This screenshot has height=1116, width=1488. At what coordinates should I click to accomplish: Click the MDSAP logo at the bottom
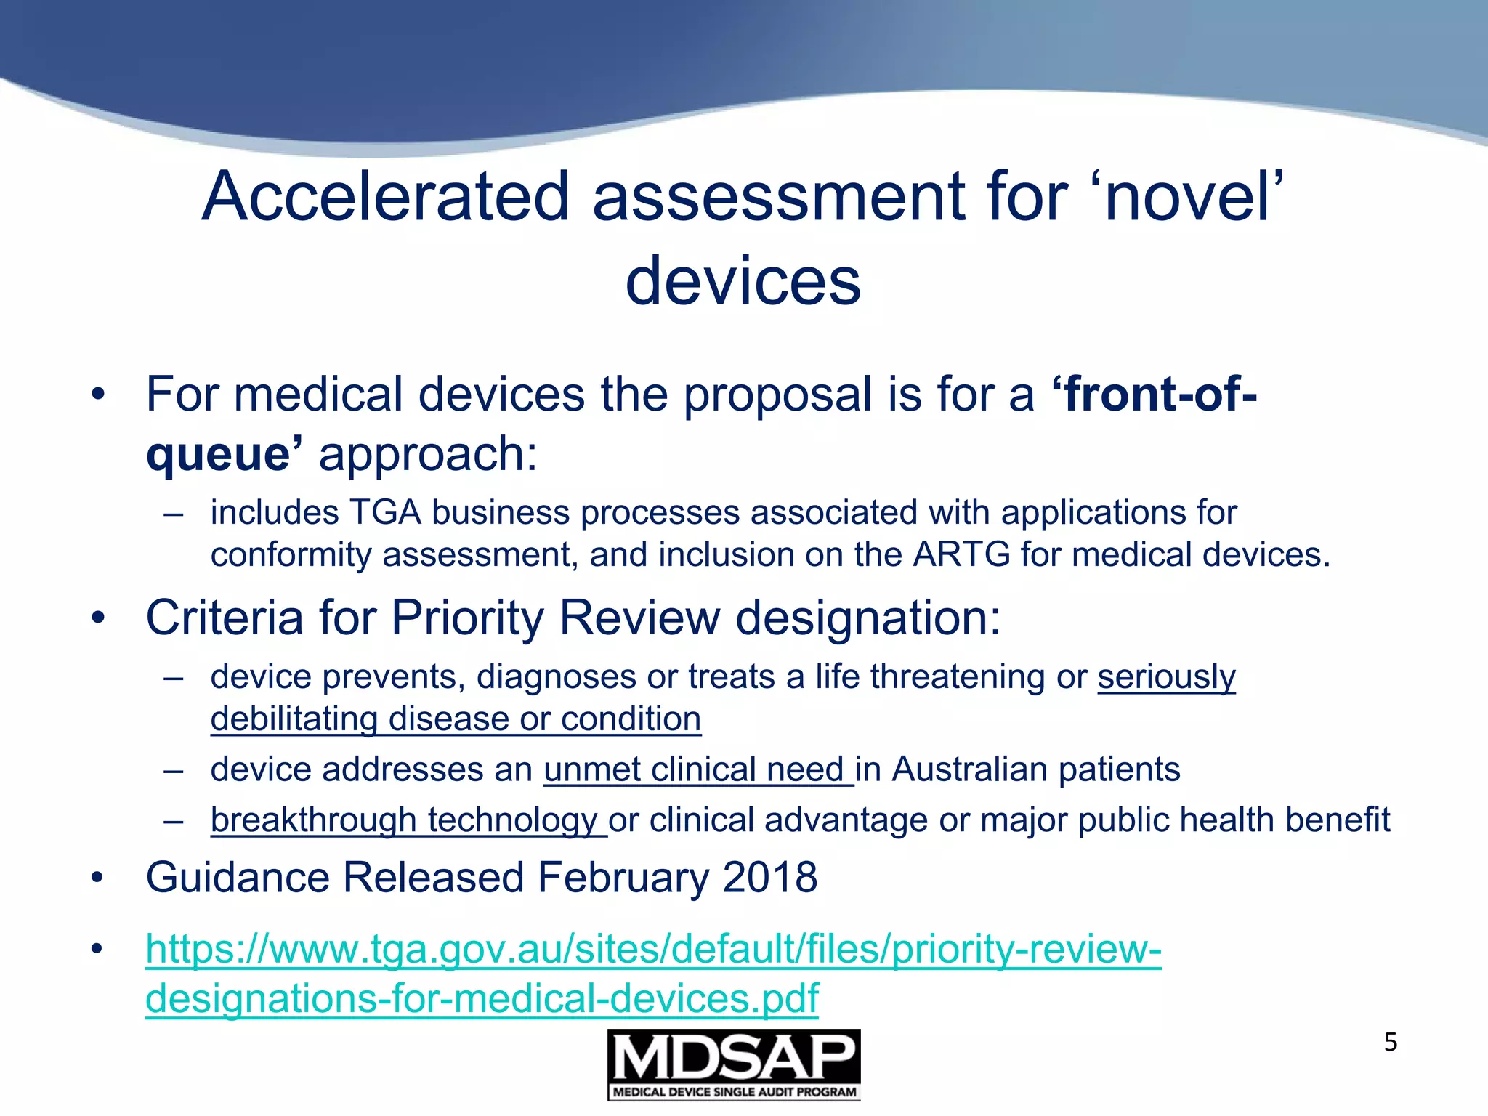[x=734, y=1064]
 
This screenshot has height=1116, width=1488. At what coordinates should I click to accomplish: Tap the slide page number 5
[x=1390, y=1043]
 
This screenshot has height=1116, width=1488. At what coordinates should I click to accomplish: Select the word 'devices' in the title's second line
[x=743, y=281]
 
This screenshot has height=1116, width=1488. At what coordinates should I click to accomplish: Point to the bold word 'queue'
[x=218, y=454]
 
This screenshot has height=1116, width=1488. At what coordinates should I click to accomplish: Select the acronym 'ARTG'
[x=961, y=555]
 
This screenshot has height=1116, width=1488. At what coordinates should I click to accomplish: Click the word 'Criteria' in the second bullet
[x=225, y=618]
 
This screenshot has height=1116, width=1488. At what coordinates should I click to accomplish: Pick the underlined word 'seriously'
[x=1166, y=677]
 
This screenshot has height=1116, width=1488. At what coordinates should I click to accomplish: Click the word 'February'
[x=623, y=878]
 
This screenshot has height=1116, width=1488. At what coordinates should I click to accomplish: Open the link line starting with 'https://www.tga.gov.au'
[x=653, y=949]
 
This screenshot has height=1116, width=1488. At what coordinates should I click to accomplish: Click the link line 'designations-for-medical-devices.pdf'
[x=482, y=998]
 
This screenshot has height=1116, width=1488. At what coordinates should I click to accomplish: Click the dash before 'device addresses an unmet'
[x=174, y=770]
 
